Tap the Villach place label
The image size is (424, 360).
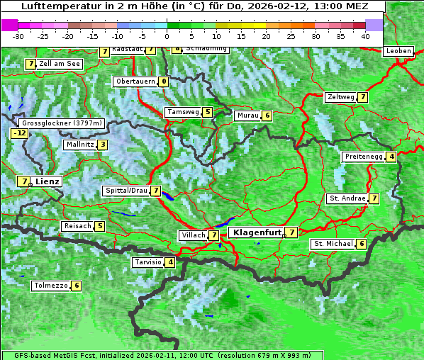click(192, 235)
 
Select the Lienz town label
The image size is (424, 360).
click(48, 181)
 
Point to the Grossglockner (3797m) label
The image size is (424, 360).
click(62, 123)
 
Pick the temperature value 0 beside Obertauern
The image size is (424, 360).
click(164, 81)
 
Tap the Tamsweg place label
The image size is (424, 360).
click(183, 112)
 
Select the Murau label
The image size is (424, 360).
click(247, 116)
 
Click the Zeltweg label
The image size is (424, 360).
click(341, 97)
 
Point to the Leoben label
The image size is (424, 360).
click(398, 51)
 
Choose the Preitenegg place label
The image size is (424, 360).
click(364, 157)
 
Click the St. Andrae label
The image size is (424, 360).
click(347, 198)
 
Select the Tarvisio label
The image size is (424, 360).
click(147, 262)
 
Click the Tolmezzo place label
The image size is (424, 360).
click(50, 286)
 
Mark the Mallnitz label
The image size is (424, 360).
click(79, 145)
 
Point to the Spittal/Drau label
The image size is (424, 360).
click(126, 191)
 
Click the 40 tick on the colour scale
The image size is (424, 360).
click(364, 35)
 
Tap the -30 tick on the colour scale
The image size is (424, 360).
click(19, 35)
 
